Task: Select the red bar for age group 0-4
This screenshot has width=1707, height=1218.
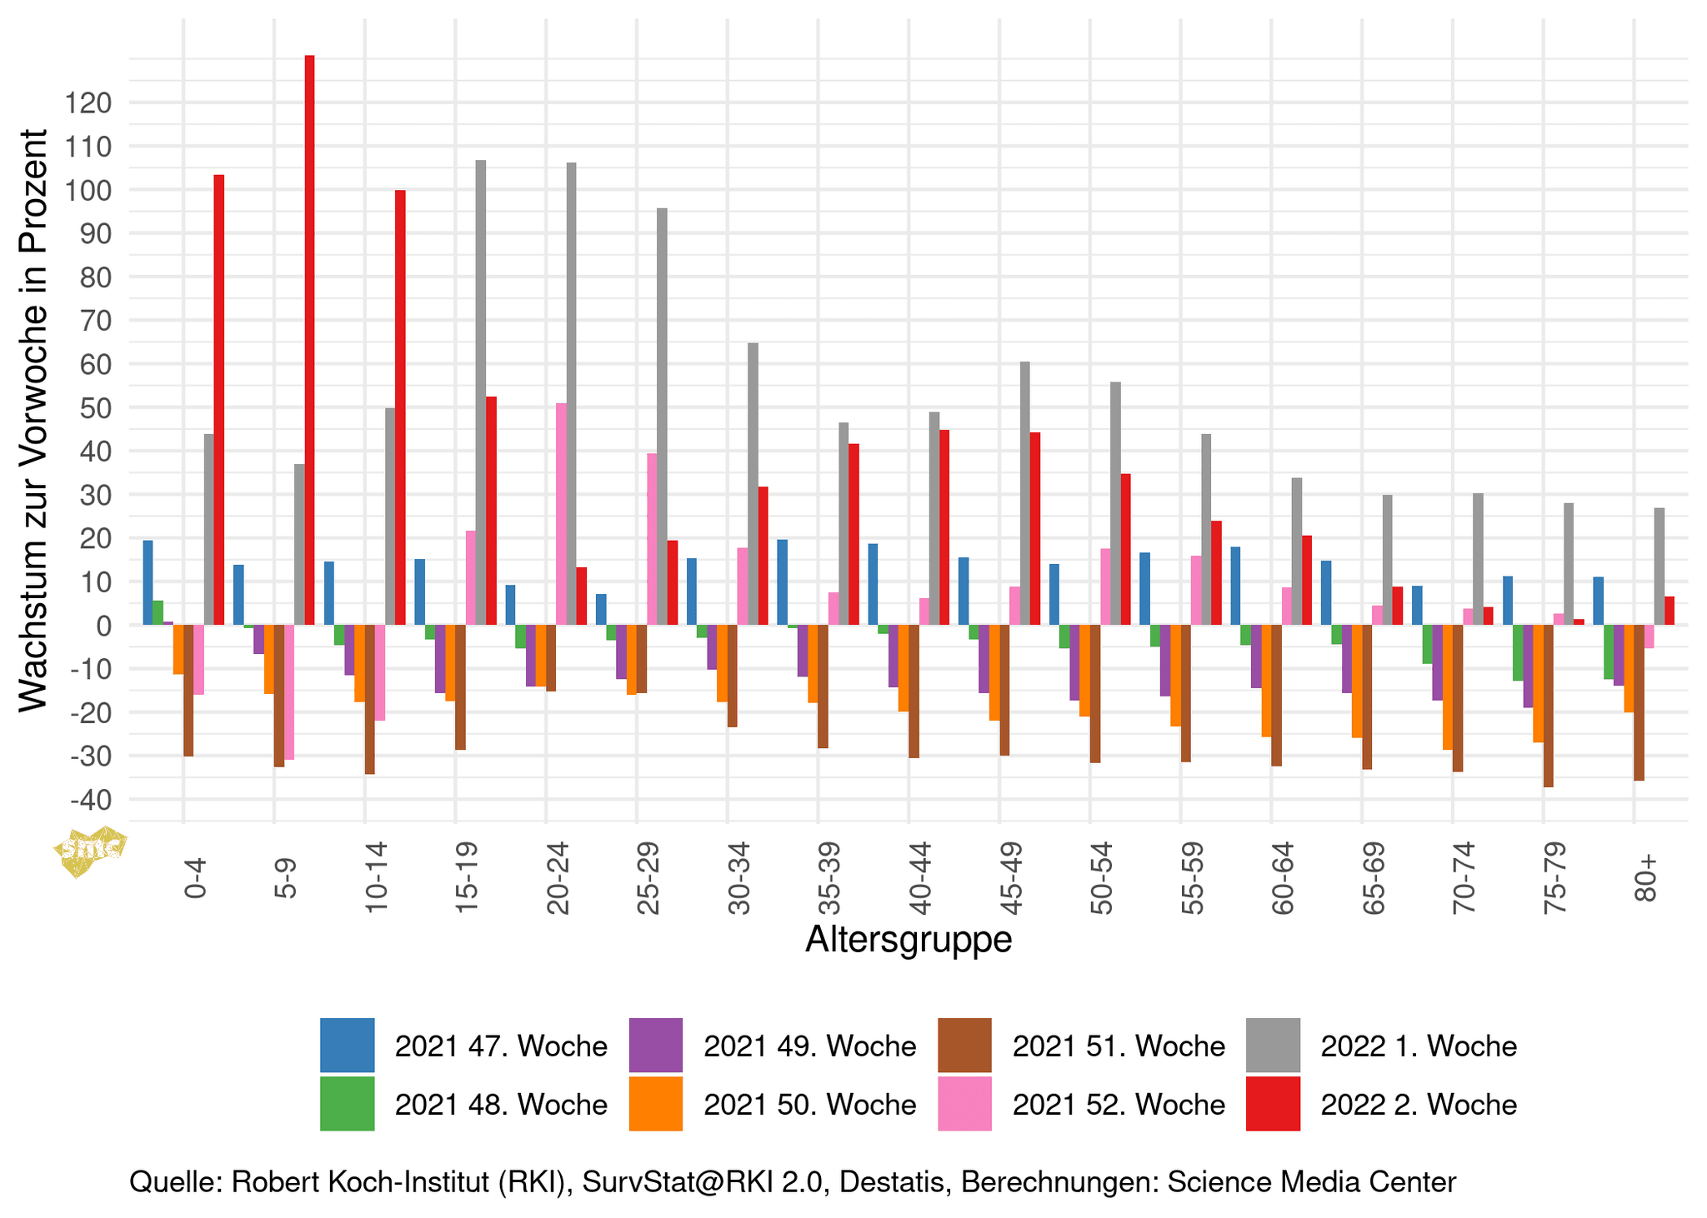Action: [x=219, y=400]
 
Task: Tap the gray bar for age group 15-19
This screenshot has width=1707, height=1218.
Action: [x=481, y=392]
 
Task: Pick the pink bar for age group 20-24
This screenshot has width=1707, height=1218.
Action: [x=561, y=514]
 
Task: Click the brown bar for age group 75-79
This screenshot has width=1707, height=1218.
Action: [x=1548, y=706]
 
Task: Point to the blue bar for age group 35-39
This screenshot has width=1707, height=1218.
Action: [x=782, y=582]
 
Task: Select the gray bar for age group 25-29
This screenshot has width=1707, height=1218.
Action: [x=662, y=417]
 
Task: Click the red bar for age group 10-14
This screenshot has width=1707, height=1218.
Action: [x=400, y=407]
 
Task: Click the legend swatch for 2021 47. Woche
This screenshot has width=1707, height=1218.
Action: [x=347, y=1045]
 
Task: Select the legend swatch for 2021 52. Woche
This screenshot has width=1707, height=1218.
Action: [x=964, y=1104]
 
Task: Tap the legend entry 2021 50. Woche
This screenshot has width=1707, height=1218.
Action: [x=809, y=1104]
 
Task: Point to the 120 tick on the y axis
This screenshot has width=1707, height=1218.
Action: [x=92, y=103]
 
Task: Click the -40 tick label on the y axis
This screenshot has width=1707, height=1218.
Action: [x=92, y=800]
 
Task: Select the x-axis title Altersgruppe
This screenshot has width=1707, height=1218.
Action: [x=909, y=939]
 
